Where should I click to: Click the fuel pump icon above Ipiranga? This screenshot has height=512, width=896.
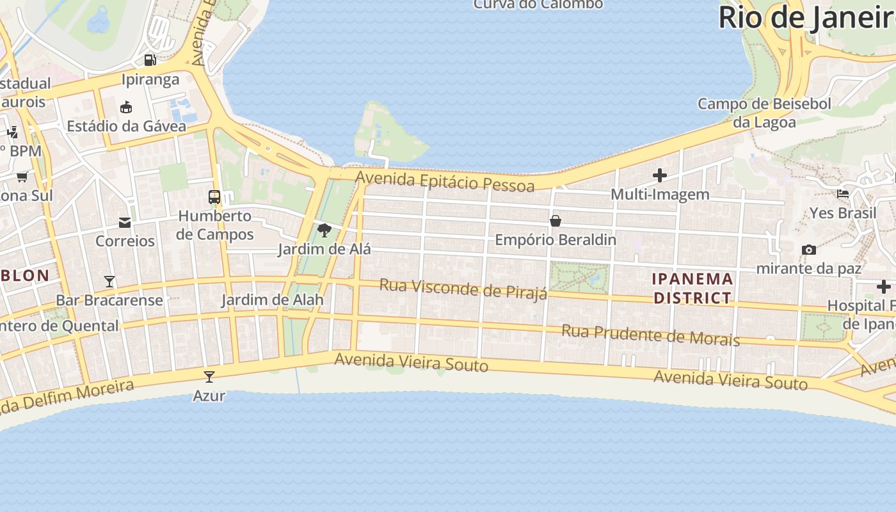click(x=150, y=60)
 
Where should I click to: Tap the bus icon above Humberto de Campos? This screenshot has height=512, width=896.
click(x=214, y=197)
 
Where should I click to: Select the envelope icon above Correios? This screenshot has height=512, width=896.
click(x=125, y=223)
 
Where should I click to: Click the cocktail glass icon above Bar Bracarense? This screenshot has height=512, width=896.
click(x=109, y=281)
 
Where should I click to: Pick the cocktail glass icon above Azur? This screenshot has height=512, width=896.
click(x=209, y=376)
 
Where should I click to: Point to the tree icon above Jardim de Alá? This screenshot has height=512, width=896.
click(x=324, y=230)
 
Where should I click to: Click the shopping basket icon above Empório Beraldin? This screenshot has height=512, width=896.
click(x=556, y=221)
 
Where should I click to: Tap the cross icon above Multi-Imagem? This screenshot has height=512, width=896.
click(x=660, y=175)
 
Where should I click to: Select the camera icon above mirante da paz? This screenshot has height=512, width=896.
click(x=808, y=250)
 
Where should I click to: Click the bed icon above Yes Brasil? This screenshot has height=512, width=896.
click(x=843, y=194)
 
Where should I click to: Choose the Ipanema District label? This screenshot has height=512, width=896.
click(x=692, y=288)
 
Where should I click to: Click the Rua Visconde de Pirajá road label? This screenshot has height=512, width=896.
click(x=463, y=289)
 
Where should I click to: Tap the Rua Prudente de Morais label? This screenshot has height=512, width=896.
click(x=650, y=334)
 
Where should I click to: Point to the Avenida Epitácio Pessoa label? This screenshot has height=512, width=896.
click(x=445, y=181)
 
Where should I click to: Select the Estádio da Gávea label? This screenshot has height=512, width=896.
click(x=126, y=126)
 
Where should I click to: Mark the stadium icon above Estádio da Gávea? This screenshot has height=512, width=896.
click(x=126, y=107)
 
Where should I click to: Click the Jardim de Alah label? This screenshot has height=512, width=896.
click(x=272, y=300)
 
